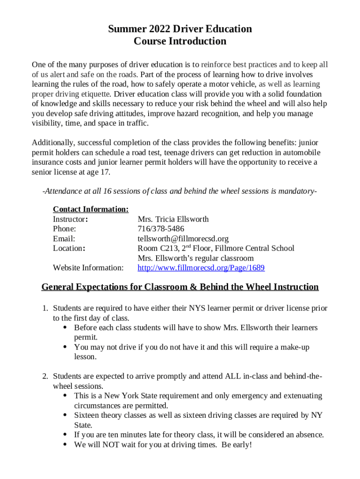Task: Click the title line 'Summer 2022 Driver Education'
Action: [x=180, y=29]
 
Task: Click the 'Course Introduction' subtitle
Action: [x=180, y=41]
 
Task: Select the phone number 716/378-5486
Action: [x=161, y=229]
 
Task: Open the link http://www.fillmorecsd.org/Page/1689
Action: [x=201, y=268]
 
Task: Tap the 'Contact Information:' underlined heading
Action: [x=91, y=209]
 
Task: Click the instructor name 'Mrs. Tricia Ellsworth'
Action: [x=173, y=219]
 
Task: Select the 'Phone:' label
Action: [x=65, y=229]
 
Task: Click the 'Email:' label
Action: [x=64, y=239]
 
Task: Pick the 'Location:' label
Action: [x=69, y=248]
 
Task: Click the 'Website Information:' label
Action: [x=88, y=268]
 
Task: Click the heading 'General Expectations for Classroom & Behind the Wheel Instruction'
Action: [x=180, y=287]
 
